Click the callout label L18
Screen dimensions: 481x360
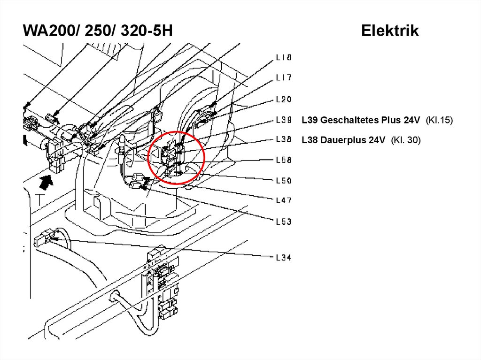(x=283, y=57)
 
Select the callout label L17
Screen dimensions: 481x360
(x=283, y=77)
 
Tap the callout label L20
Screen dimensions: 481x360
(x=283, y=100)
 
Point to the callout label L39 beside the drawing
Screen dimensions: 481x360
(x=283, y=120)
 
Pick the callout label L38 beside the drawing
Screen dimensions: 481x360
(x=283, y=139)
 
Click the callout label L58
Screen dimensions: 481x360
(x=283, y=160)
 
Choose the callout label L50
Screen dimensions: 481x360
(x=283, y=180)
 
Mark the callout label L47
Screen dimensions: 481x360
(x=283, y=200)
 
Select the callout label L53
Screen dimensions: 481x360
(x=283, y=222)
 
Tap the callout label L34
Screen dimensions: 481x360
(x=283, y=257)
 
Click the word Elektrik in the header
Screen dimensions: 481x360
(x=390, y=31)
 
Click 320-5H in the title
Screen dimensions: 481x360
(x=147, y=31)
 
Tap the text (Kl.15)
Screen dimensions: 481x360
(x=439, y=120)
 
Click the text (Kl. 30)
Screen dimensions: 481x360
(x=405, y=140)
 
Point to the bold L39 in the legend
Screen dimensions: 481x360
(x=310, y=120)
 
